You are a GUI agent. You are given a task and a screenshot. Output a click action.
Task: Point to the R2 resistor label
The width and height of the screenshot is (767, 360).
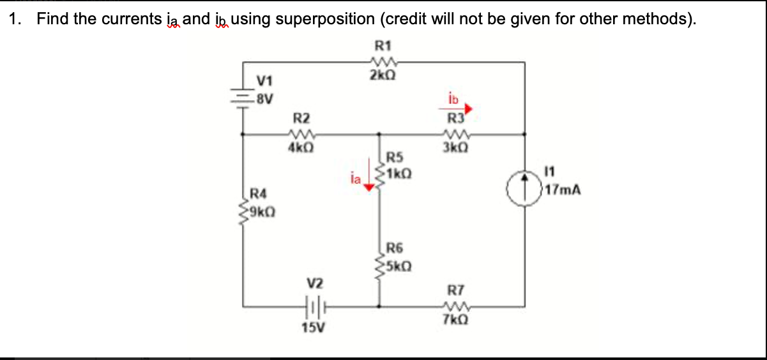point(301,118)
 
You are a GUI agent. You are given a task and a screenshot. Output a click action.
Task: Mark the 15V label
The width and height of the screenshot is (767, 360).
point(312,328)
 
